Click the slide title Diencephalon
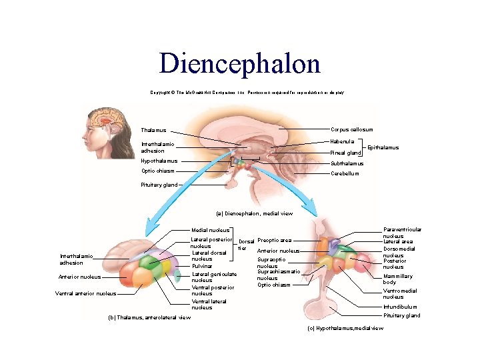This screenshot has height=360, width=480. click(239, 63)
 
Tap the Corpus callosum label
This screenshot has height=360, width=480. click(351, 129)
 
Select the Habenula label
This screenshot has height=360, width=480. click(343, 141)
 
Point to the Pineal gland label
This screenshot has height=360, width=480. click(345, 153)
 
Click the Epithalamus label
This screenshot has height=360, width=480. click(383, 147)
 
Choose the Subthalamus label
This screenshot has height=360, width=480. click(347, 163)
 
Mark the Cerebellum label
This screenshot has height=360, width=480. click(345, 173)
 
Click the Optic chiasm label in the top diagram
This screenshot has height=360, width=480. click(157, 171)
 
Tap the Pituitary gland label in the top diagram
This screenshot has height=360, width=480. click(159, 185)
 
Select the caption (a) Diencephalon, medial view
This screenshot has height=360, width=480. click(254, 213)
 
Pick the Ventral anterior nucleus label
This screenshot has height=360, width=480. click(85, 293)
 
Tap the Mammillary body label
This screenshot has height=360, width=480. click(397, 279)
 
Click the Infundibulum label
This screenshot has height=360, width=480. click(400, 307)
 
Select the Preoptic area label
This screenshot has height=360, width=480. click(274, 240)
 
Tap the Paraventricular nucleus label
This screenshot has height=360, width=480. click(402, 232)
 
